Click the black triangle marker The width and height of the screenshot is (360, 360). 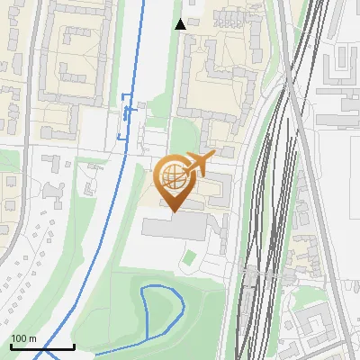pyautogui.click(x=181, y=24)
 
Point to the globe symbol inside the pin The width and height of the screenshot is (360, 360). pyautogui.click(x=172, y=176)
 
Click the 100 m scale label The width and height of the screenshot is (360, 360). pyautogui.click(x=24, y=338)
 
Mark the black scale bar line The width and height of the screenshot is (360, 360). pyautogui.click(x=42, y=346)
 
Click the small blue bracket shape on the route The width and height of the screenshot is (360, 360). pyautogui.click(x=124, y=117)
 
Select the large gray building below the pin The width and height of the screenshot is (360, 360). pyautogui.click(x=175, y=227)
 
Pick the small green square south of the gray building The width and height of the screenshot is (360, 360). pyautogui.click(x=188, y=258)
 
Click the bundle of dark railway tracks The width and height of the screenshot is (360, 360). pyautogui.click(x=261, y=225)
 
